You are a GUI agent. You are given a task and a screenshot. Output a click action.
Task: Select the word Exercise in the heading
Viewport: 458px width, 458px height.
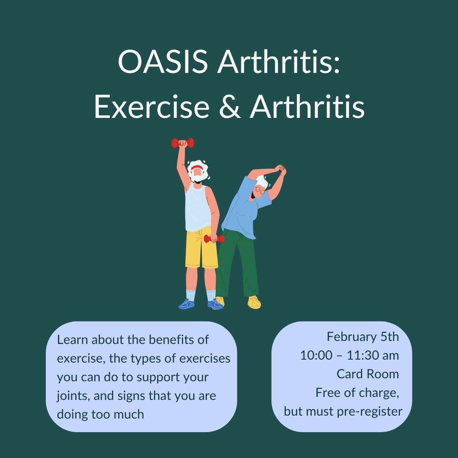click(151, 107)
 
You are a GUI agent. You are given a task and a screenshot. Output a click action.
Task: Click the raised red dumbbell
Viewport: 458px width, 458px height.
click(183, 143)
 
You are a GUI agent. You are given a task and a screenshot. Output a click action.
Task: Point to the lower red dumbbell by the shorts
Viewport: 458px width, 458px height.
click(214, 239)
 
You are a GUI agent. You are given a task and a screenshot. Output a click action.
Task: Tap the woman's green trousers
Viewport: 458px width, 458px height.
click(240, 263)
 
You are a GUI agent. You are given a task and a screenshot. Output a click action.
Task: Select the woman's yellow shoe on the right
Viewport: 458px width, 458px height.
click(254, 302)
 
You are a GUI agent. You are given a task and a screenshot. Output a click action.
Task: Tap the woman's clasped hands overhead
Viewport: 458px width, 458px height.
click(280, 170)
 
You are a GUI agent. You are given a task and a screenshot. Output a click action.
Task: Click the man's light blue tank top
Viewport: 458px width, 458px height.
click(198, 208)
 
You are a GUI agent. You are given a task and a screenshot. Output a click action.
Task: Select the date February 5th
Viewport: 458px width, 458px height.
click(363, 337)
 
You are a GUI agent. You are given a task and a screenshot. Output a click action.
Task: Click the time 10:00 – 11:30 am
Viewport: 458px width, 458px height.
click(349, 355)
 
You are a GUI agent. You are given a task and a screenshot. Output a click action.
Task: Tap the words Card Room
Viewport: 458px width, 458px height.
click(368, 374)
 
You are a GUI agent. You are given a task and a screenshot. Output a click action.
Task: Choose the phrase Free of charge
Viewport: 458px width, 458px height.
click(357, 393)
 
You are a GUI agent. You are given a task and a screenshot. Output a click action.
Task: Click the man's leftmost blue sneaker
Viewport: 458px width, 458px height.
click(187, 304)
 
